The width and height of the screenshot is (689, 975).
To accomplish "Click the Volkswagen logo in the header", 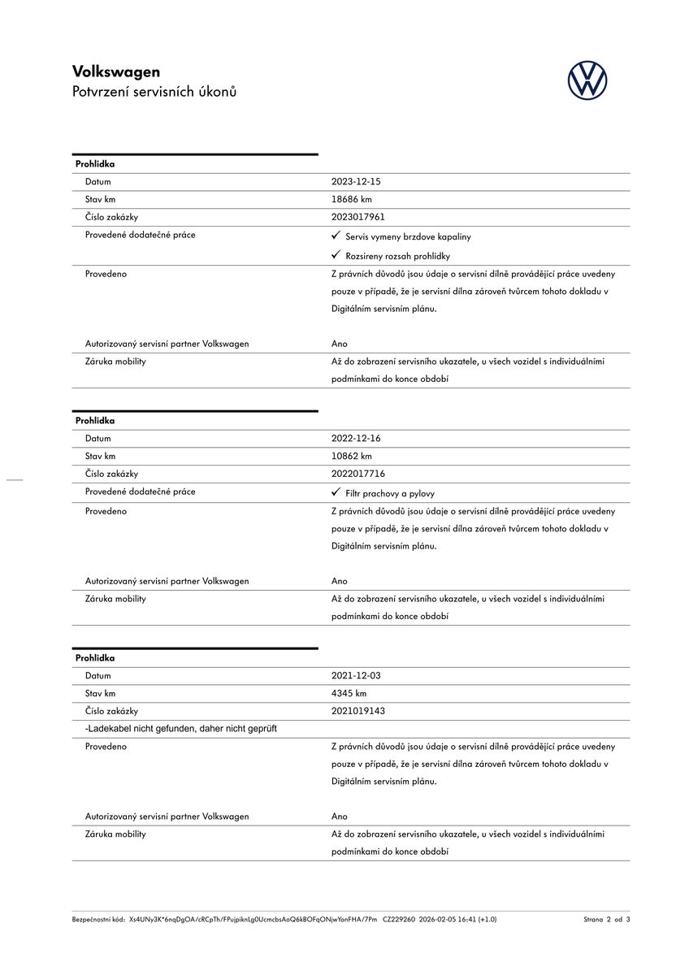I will [587, 81].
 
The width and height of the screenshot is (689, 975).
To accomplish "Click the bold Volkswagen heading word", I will [116, 71].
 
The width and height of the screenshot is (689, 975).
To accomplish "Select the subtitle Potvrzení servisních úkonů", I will [154, 92].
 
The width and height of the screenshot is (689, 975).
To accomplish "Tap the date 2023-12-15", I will [356, 182].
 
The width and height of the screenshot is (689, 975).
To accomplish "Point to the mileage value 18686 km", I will [352, 199].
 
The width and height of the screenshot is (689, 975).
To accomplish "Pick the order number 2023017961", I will [358, 217].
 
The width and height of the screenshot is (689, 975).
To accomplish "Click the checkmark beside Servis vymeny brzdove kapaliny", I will [336, 236].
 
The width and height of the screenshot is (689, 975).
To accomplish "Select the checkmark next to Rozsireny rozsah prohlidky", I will [336, 255].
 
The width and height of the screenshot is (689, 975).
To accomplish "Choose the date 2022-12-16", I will [356, 439].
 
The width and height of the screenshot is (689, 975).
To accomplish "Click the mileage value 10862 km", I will [352, 456].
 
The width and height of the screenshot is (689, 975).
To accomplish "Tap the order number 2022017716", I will [358, 474].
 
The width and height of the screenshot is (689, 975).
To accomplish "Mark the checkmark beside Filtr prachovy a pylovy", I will [336, 492].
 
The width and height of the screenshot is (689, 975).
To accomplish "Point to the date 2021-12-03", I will [356, 676].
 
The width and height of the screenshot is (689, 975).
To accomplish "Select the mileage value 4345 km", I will [349, 693].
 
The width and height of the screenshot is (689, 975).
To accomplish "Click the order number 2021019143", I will [358, 711].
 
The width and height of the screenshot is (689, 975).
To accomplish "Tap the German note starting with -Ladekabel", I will [181, 729].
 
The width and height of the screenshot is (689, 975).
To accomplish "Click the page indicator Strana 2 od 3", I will [606, 920].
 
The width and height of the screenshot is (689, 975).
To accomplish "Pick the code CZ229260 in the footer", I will [399, 920].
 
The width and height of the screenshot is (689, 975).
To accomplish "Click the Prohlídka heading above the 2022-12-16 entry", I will [95, 421].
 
